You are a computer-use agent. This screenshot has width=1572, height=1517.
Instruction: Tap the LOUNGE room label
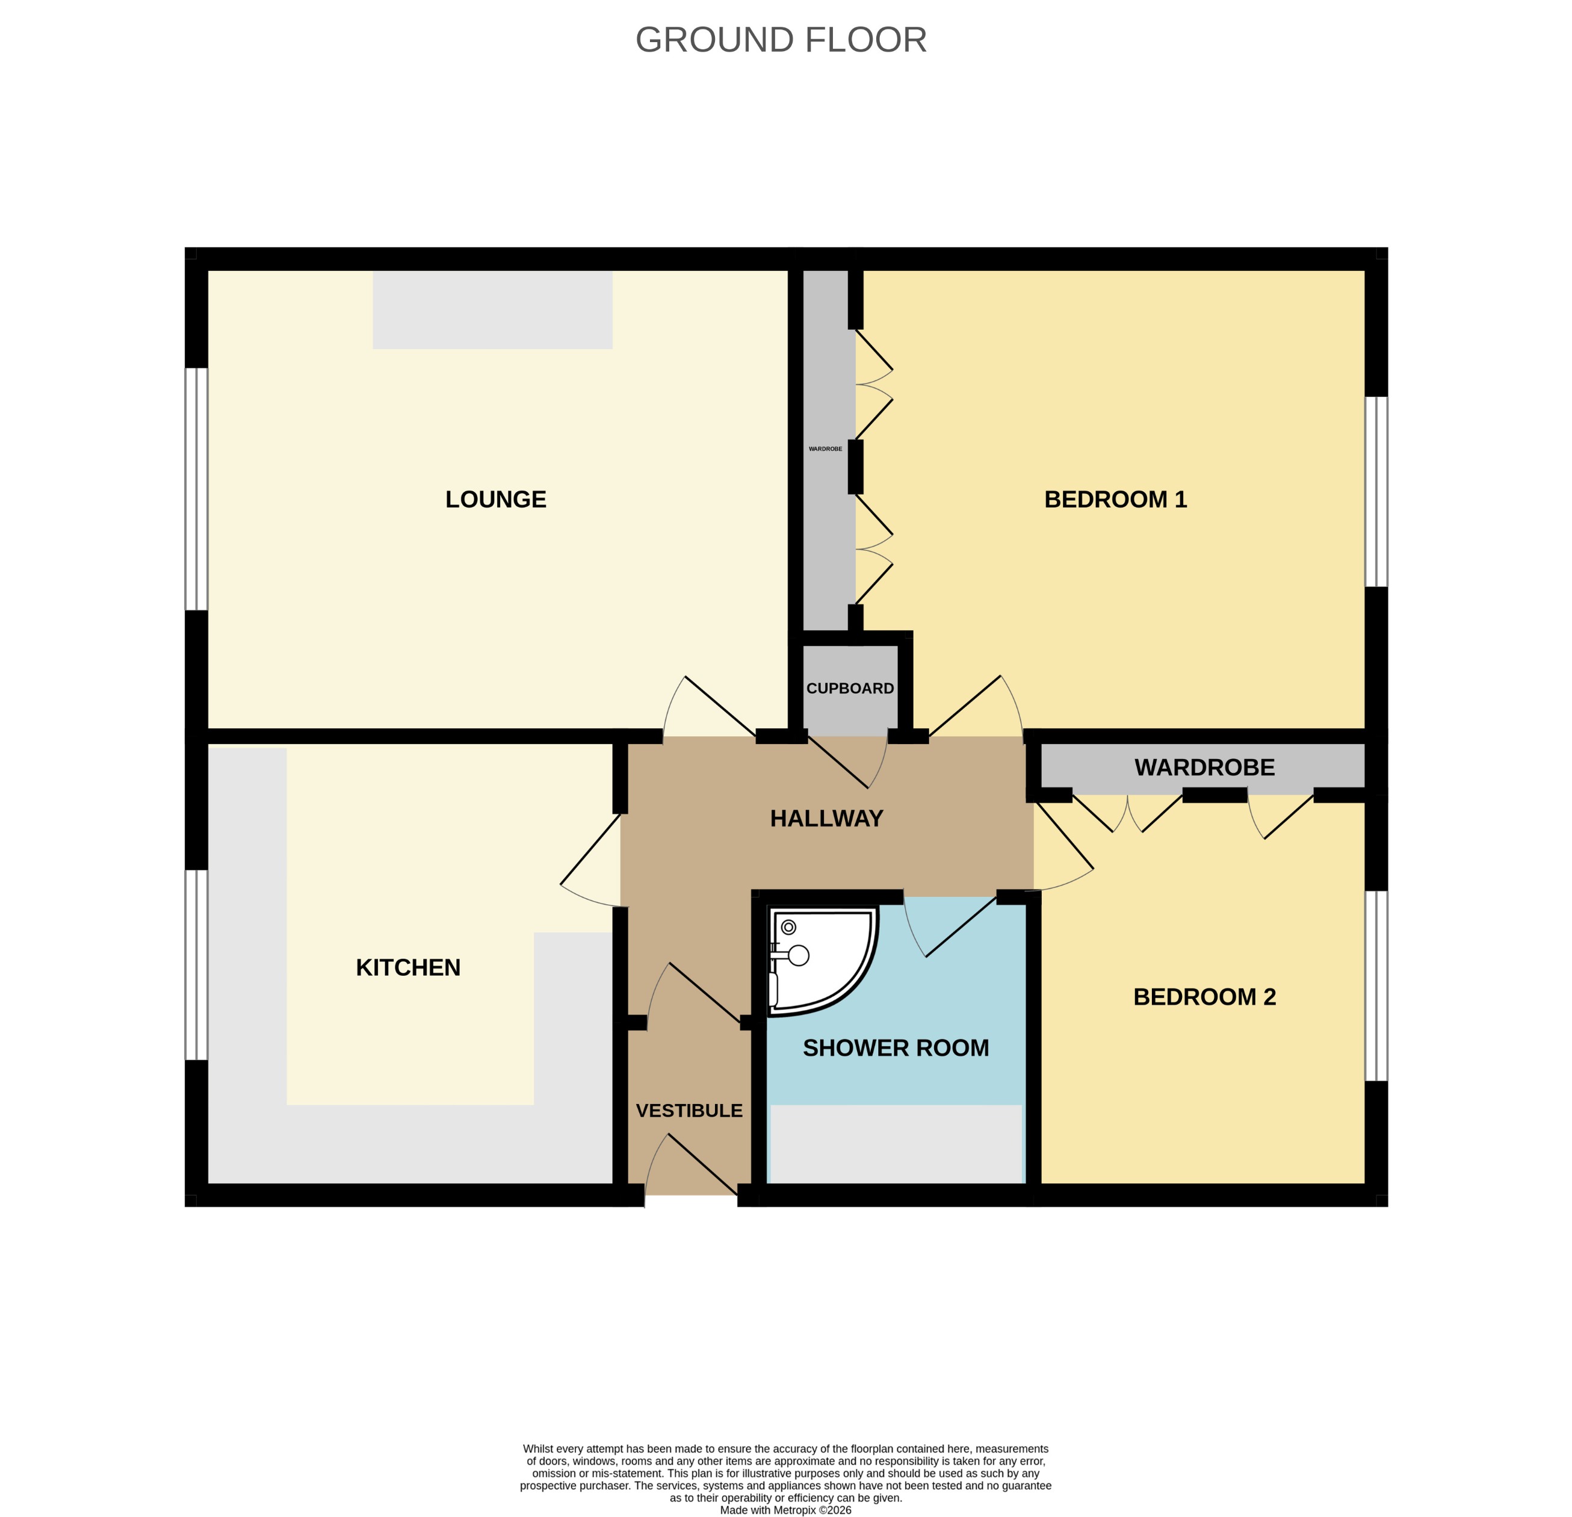click(x=496, y=499)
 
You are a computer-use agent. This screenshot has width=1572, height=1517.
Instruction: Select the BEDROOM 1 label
click(x=1115, y=499)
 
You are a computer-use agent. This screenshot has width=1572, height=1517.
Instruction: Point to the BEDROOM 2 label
click(x=1204, y=996)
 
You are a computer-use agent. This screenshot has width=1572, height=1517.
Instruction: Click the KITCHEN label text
click(x=408, y=967)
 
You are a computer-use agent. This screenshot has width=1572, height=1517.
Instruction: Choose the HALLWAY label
click(x=826, y=818)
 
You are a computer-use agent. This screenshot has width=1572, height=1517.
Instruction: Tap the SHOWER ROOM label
click(x=896, y=1047)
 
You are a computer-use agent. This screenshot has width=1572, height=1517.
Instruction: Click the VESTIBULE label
click(x=689, y=1110)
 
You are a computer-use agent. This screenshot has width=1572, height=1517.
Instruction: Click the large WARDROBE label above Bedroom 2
click(x=1204, y=767)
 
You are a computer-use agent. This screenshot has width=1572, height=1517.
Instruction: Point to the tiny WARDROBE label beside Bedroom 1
click(x=825, y=449)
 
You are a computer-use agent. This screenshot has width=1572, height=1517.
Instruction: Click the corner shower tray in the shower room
click(x=818, y=958)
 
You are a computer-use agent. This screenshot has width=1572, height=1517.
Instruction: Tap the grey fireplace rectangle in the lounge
click(x=492, y=309)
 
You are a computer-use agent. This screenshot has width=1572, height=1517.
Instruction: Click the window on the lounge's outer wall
click(x=196, y=489)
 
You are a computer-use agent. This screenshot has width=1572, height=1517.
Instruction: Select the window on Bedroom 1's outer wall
click(x=1376, y=492)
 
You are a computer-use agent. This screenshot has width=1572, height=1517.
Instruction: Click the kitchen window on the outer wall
click(x=196, y=965)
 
